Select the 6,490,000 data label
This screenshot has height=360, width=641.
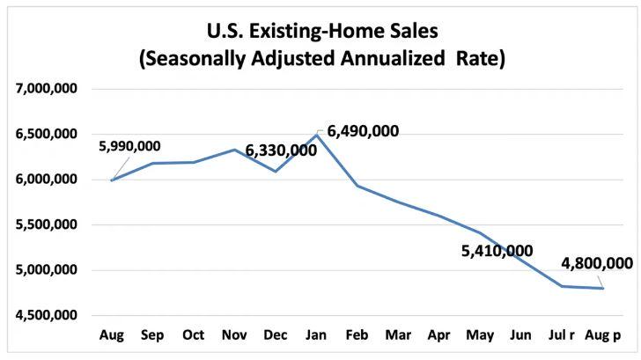pyautogui.click(x=363, y=132)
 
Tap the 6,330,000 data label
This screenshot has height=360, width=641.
pyautogui.click(x=281, y=151)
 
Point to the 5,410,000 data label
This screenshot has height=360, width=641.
pyautogui.click(x=497, y=251)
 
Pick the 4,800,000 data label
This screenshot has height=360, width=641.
pyautogui.click(x=597, y=263)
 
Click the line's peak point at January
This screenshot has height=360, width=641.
pyautogui.click(x=316, y=136)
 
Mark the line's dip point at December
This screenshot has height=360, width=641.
pyautogui.click(x=275, y=171)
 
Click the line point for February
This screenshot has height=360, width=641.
pyautogui.click(x=357, y=186)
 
